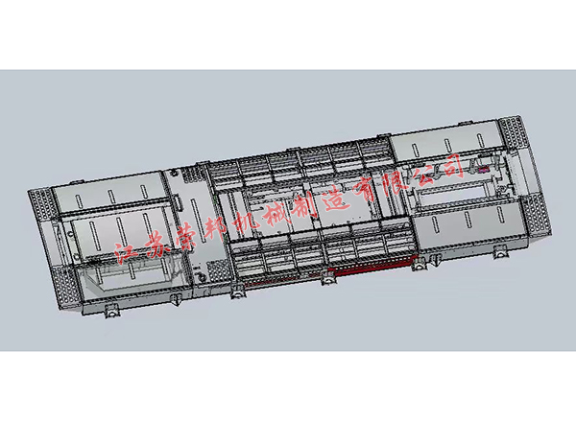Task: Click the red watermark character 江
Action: coord(127,252)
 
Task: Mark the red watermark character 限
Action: coord(395,181)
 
